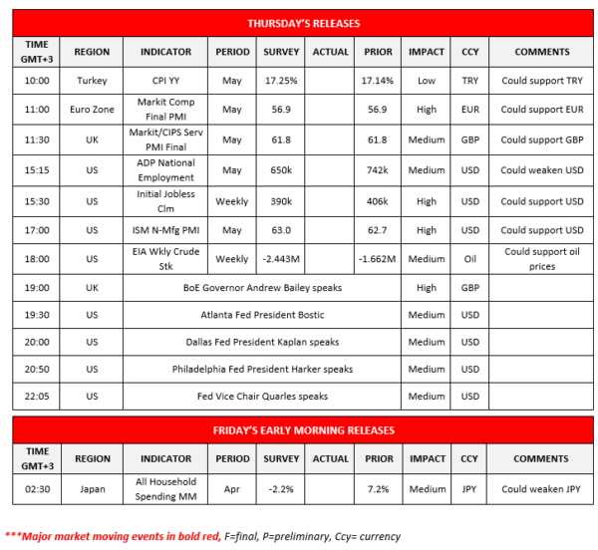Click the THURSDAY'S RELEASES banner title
click(x=303, y=23)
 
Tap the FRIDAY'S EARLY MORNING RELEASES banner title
click(x=303, y=430)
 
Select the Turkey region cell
click(x=92, y=80)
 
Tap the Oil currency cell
click(x=469, y=259)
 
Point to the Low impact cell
click(x=427, y=80)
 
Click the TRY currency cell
click(x=469, y=80)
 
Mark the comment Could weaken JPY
click(x=542, y=489)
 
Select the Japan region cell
click(x=92, y=489)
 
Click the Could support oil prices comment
click(x=542, y=259)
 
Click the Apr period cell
click(x=232, y=489)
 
